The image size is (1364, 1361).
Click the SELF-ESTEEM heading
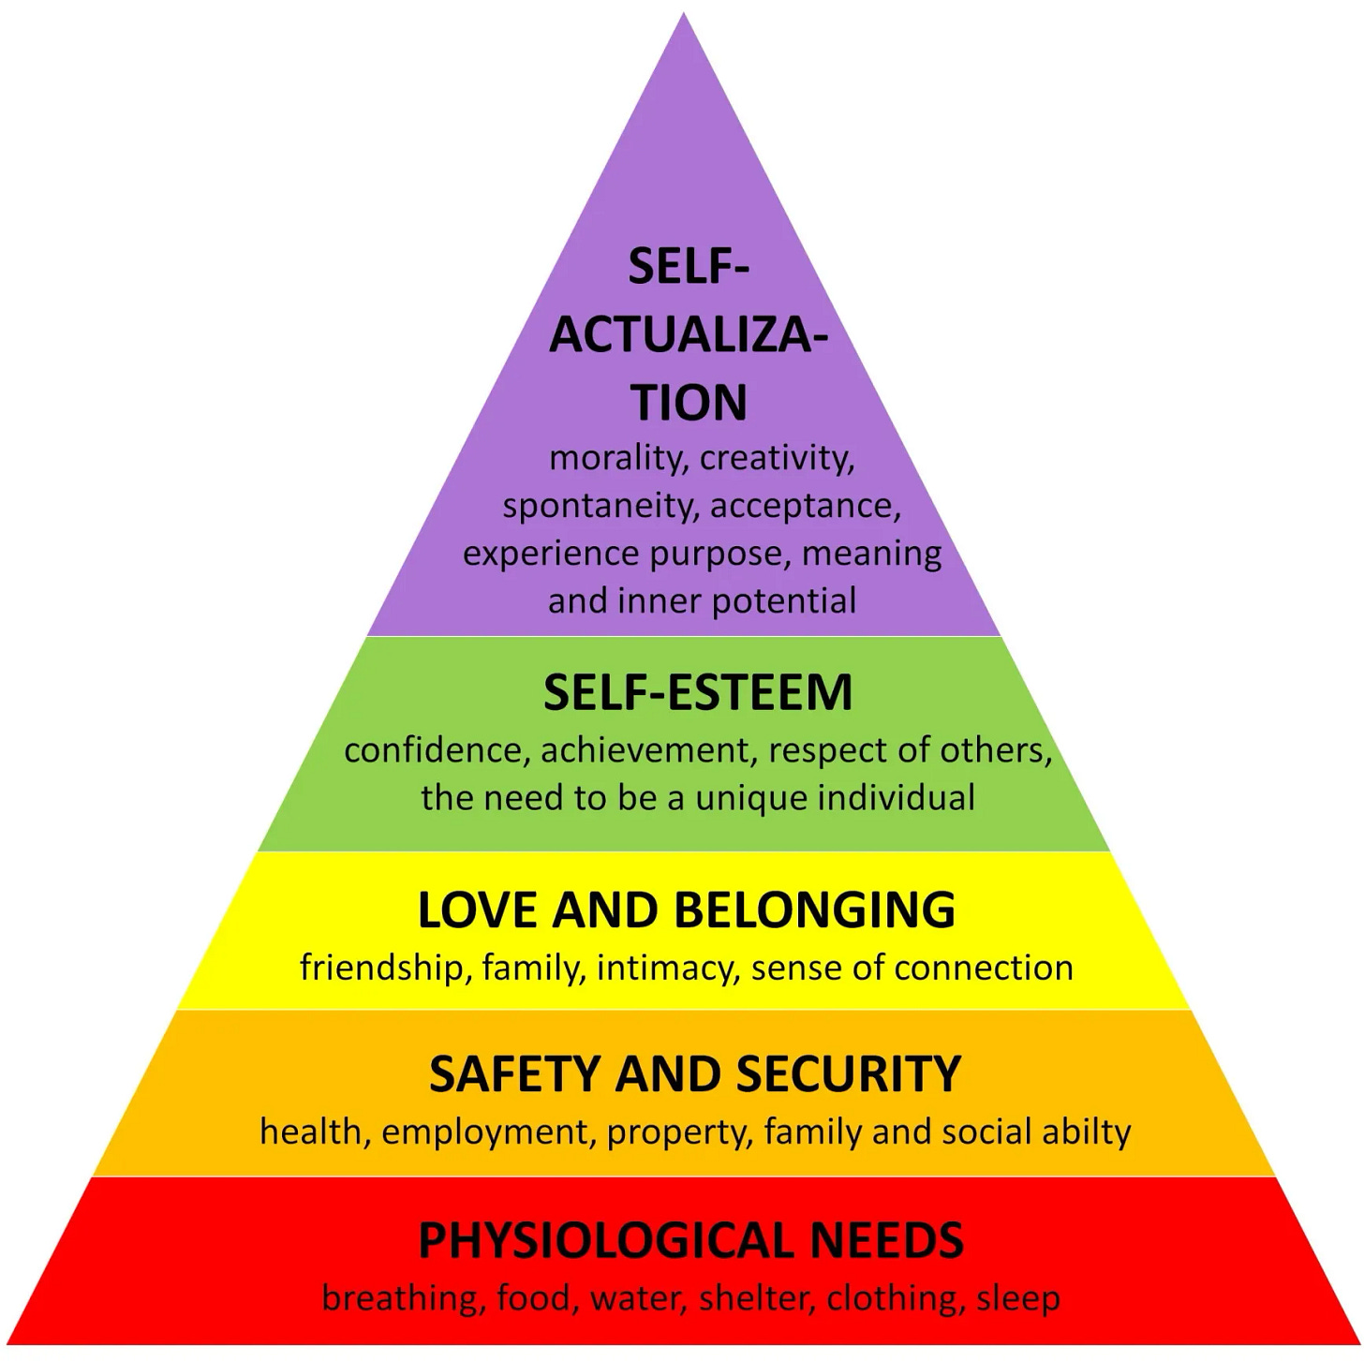698,693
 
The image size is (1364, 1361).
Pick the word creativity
777,459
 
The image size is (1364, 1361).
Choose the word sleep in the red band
1018,1299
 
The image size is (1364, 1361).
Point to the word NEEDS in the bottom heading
886,1240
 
